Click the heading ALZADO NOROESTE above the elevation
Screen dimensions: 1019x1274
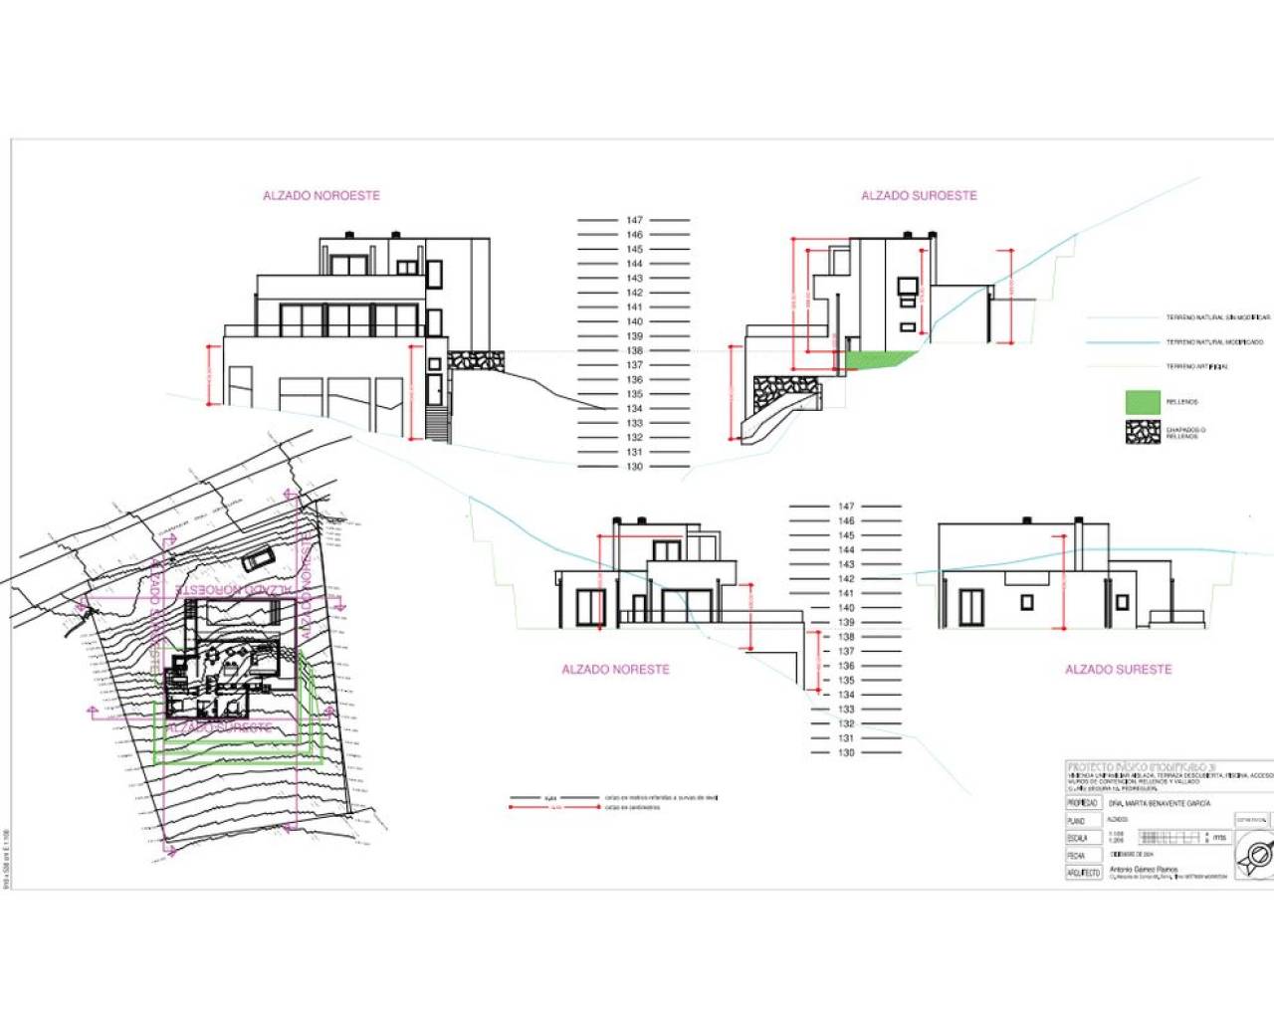coord(321,196)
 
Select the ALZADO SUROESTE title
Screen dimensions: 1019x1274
coord(919,196)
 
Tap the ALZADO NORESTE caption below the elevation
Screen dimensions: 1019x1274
coord(615,670)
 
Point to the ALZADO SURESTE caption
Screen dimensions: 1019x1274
coord(1118,670)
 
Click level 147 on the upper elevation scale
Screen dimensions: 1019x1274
coord(634,220)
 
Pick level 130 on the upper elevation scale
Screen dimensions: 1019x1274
coord(634,466)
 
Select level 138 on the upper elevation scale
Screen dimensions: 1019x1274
coord(634,350)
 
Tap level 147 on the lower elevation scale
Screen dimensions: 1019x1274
coord(846,507)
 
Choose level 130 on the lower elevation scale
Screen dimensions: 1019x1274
coord(846,752)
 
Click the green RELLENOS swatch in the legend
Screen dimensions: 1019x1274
coord(1143,402)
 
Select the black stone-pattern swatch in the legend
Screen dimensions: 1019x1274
coord(1143,432)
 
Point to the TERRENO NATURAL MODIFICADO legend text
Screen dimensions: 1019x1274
coord(1214,342)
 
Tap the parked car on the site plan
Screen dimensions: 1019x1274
coord(257,558)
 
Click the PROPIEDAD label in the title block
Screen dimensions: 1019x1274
coord(1082,803)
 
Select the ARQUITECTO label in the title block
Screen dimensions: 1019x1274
coord(1083,873)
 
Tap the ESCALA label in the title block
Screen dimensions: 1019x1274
coord(1077,838)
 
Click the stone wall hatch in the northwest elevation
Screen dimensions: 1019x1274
coord(475,359)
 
